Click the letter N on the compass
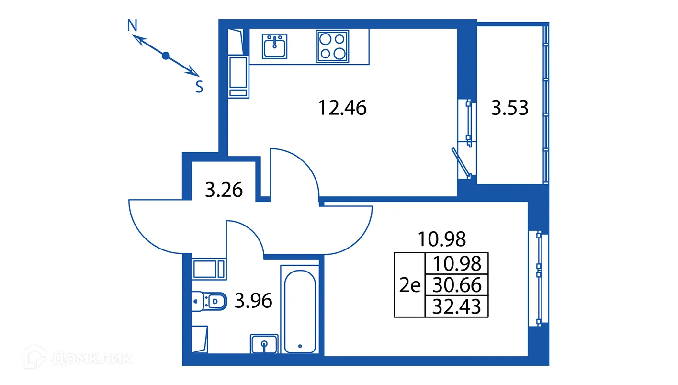133,25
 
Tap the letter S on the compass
199,87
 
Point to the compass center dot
166,56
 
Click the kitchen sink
275,46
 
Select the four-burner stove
332,46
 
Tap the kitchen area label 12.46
342,108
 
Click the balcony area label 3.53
510,108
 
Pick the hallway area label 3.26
224,190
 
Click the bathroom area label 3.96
253,301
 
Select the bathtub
300,310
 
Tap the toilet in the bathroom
209,301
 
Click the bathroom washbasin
264,343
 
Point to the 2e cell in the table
409,286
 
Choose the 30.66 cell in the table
456,286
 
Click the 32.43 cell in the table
456,306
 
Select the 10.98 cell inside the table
456,263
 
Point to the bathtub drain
300,346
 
